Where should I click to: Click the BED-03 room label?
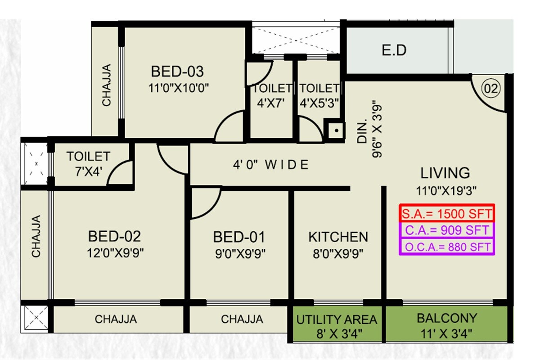pos(177,72)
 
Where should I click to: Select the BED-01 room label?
pos(239,237)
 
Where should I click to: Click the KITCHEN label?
pos(338,237)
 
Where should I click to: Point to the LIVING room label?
pos(445,173)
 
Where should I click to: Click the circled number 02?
pos(491,89)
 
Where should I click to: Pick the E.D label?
pos(394,50)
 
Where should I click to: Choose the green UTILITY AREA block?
pos(336,326)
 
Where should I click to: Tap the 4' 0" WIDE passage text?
pos(270,165)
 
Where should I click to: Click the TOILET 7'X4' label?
pos(88,163)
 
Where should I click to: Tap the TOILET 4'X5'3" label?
pos(319,95)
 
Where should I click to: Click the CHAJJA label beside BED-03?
pos(106,85)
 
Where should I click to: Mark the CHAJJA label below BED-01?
pos(242,319)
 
